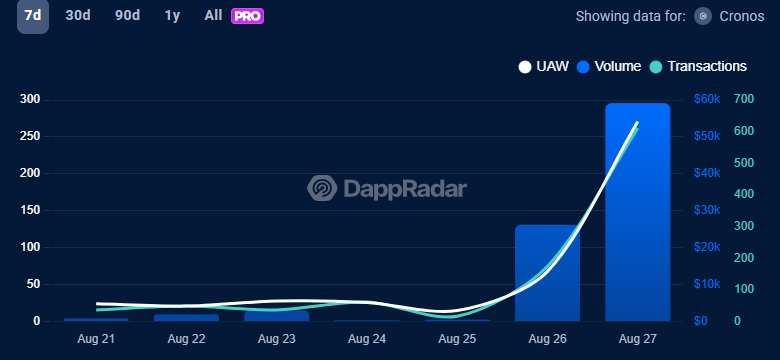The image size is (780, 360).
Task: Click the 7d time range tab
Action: (33, 16)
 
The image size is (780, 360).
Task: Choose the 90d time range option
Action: (128, 16)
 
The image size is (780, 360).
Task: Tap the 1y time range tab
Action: (173, 16)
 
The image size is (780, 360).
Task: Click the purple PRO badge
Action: (247, 16)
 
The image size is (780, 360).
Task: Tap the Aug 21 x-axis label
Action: (96, 340)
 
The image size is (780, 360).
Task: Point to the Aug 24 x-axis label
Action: (366, 340)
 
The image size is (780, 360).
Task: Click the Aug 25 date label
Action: (456, 340)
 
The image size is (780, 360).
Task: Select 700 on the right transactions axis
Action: (743, 99)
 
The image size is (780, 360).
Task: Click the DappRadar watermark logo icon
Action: (322, 188)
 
